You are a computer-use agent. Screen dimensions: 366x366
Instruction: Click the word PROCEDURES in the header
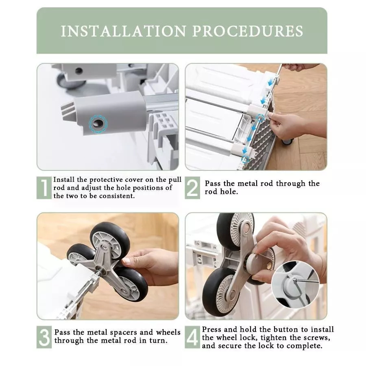tap(248, 31)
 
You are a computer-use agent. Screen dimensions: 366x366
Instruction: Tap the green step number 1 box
tap(44, 187)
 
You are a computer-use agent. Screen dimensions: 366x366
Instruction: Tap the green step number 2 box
tap(192, 187)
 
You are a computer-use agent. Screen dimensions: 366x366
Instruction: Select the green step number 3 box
tap(44, 337)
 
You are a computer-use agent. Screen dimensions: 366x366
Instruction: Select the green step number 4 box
tap(192, 337)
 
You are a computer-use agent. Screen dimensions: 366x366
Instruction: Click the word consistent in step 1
tap(117, 196)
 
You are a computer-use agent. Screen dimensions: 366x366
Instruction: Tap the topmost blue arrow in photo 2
tap(271, 82)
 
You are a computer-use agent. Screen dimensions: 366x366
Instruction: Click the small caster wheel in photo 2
tap(287, 141)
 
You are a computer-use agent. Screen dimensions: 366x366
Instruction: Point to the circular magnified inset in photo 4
tap(295, 285)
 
